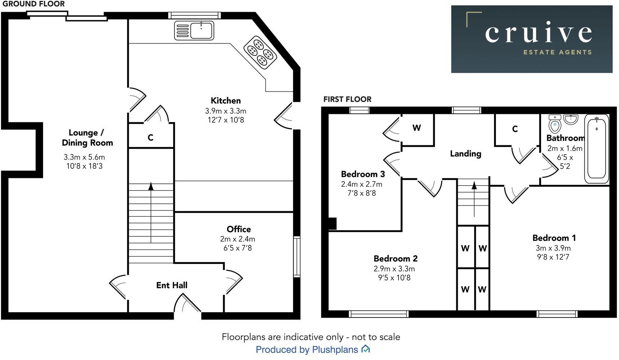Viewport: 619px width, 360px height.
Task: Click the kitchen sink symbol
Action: pos(194,30)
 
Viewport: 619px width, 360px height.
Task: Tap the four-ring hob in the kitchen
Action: pos(260,53)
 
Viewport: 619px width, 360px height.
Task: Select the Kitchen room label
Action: pos(226,101)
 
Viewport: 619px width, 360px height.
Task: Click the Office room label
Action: pos(239,229)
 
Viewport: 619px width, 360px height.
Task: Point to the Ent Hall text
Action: pos(172,285)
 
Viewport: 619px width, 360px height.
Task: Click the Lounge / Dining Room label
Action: pos(87,138)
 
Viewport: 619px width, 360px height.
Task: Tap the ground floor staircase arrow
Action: pos(151,187)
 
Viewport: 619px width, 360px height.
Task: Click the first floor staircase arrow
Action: pos(474,186)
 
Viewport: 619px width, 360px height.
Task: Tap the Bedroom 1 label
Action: pos(554,238)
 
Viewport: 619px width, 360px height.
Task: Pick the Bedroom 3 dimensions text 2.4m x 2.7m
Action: pos(361,184)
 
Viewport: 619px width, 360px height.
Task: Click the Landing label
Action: pos(465,154)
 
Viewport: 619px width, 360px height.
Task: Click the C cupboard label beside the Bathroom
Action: pos(515,129)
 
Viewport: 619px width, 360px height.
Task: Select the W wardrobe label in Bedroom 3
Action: pos(416,128)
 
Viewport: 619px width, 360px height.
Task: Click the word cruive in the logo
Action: pos(538,33)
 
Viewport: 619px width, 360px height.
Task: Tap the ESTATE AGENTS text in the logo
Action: pos(557,52)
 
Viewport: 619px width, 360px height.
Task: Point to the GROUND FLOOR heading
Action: pos(33,4)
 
